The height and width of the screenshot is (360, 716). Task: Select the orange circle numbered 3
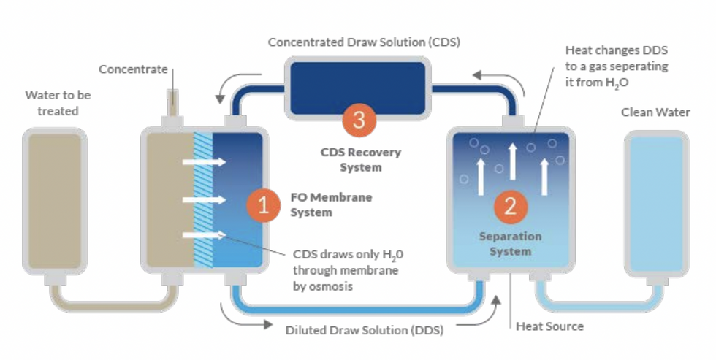click(x=358, y=120)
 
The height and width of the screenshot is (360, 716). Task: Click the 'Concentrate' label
click(x=133, y=69)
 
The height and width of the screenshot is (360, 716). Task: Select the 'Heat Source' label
click(x=549, y=326)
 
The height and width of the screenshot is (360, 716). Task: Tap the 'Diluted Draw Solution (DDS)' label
click(x=364, y=329)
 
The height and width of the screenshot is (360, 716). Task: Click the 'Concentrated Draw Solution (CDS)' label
click(x=364, y=42)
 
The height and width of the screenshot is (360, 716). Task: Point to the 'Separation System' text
click(x=510, y=244)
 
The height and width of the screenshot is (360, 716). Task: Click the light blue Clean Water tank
click(x=656, y=202)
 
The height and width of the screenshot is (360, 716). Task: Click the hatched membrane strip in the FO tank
click(x=202, y=199)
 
